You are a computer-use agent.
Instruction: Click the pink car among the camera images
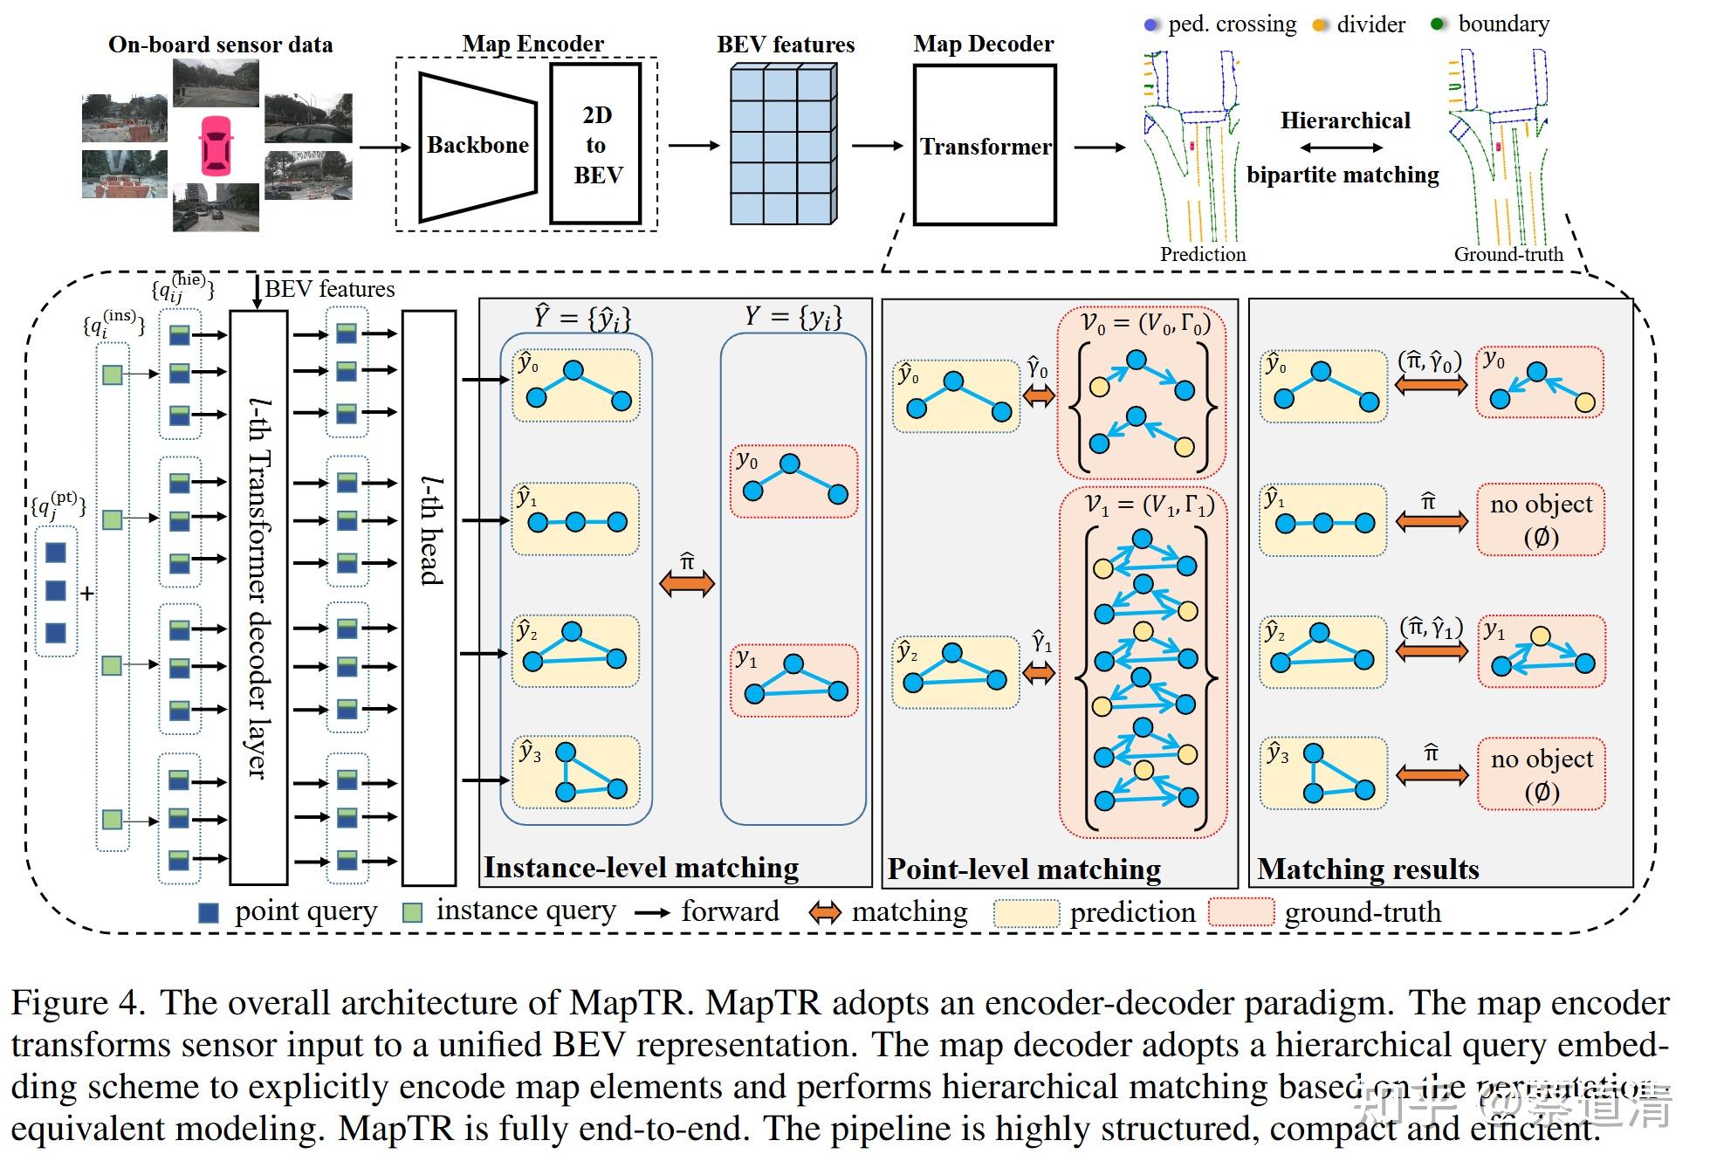pyautogui.click(x=216, y=145)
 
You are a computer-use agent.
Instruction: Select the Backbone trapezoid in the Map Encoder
pyautogui.click(x=477, y=146)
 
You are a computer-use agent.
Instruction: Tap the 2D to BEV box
pyautogui.click(x=597, y=145)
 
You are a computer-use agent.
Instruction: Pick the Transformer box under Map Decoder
pyautogui.click(x=985, y=146)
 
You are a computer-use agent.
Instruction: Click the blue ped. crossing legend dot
pyautogui.click(x=1150, y=25)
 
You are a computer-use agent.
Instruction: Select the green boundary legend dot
pyautogui.click(x=1437, y=24)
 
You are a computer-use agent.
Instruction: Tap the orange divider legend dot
pyautogui.click(x=1318, y=25)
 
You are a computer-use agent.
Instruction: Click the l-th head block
pyautogui.click(x=429, y=597)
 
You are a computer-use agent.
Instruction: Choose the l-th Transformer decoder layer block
pyautogui.click(x=258, y=597)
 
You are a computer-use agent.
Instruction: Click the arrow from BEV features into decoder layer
pyautogui.click(x=257, y=292)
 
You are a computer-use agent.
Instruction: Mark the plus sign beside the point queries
pyautogui.click(x=87, y=594)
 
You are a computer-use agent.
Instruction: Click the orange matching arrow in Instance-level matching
pyautogui.click(x=687, y=583)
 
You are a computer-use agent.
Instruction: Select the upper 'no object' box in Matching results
pyautogui.click(x=1540, y=519)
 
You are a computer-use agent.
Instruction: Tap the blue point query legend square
pyautogui.click(x=209, y=912)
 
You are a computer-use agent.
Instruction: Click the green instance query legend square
pyautogui.click(x=412, y=912)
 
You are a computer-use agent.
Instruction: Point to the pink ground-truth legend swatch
pyautogui.click(x=1241, y=912)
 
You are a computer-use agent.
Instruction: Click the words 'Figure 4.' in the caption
pyautogui.click(x=78, y=1003)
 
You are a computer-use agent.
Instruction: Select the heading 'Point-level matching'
pyautogui.click(x=1024, y=869)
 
